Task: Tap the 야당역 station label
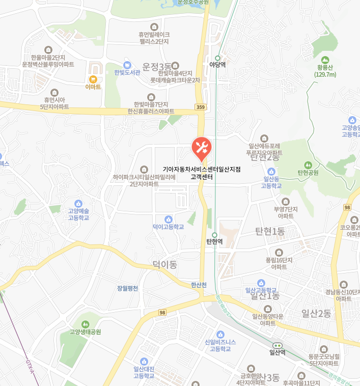217,65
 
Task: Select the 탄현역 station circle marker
214,235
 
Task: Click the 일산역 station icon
277,345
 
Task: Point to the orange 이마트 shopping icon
93,79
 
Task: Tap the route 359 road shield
200,107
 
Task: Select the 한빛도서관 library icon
127,65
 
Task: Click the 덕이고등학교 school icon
168,218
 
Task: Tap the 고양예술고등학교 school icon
78,203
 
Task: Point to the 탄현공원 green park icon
308,164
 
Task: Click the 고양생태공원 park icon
85,324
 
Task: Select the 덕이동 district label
164,265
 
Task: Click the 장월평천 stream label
127,288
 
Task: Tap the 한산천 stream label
199,285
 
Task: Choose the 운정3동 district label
157,67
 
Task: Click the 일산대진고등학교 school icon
144,361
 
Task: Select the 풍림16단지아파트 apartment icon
279,252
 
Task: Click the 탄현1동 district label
270,232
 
